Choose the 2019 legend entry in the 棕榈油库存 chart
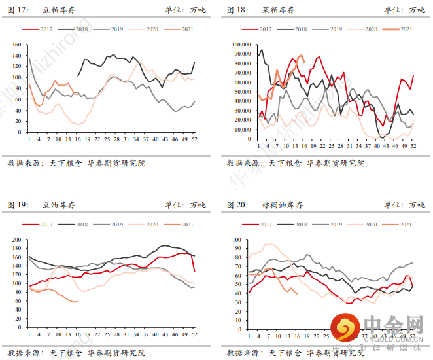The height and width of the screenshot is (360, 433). [330, 224]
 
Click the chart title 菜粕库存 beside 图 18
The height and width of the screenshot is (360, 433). [278, 10]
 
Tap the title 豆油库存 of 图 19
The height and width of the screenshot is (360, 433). [59, 205]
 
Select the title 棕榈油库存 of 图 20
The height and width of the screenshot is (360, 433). [283, 205]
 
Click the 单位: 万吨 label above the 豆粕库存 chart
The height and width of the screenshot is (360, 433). [185, 10]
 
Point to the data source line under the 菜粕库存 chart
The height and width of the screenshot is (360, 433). [295, 163]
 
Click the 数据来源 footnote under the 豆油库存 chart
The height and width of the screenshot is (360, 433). [76, 353]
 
